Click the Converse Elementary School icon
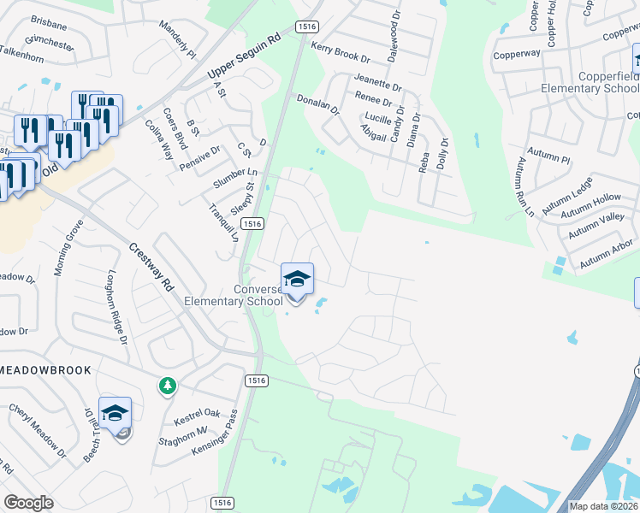pyautogui.click(x=297, y=280)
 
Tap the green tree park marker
pyautogui.click(x=167, y=387)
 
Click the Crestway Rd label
pyautogui.click(x=151, y=266)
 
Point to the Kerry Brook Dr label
pyautogui.click(x=340, y=53)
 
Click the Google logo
pyautogui.click(x=28, y=503)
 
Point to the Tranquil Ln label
pyautogui.click(x=223, y=221)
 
